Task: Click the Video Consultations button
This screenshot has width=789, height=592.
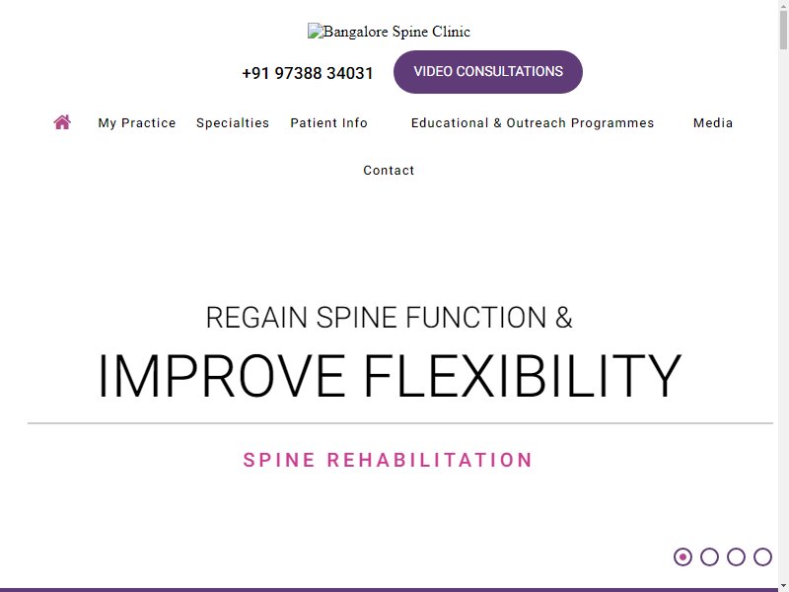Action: (487, 71)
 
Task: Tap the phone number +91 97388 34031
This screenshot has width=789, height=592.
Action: (308, 73)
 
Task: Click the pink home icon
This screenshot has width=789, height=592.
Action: (62, 122)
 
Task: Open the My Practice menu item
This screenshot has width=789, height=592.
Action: (137, 122)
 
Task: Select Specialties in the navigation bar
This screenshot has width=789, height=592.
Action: (233, 122)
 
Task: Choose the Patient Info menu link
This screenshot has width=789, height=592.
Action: (329, 122)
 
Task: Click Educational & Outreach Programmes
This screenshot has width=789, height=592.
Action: (533, 122)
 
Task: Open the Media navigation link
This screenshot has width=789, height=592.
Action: (713, 122)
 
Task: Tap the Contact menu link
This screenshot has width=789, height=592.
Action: (389, 170)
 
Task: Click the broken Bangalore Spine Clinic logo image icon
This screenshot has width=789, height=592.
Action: (315, 32)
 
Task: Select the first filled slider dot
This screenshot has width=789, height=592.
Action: (682, 556)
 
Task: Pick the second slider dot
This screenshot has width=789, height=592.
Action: (709, 556)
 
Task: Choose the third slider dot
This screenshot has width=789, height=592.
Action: (736, 556)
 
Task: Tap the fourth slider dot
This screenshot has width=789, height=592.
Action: (762, 556)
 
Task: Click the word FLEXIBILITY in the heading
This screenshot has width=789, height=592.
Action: (523, 376)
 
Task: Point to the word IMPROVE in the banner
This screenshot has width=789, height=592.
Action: (222, 376)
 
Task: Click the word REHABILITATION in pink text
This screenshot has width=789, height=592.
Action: (429, 460)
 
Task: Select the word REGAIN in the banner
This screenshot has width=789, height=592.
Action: (256, 318)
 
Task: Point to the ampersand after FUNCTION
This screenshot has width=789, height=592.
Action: (564, 318)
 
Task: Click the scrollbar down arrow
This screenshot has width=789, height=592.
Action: (783, 587)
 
